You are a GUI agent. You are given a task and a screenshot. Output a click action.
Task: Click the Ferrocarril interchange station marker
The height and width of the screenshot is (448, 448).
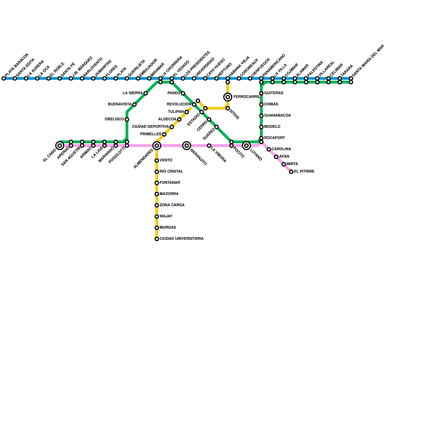(228, 97)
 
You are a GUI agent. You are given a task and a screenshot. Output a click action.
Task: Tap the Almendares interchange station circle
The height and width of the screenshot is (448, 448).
(157, 146)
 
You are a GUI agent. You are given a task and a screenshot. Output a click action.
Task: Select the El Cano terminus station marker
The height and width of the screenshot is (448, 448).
(60, 146)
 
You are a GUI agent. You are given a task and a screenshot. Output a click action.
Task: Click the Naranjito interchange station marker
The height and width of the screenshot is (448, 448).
(187, 146)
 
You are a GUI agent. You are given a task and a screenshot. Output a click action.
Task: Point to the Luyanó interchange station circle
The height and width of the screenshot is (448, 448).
(246, 146)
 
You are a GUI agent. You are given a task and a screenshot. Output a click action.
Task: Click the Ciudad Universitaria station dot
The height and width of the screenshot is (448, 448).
(157, 239)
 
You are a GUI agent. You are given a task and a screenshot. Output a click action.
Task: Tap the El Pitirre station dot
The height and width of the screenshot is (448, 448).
(291, 172)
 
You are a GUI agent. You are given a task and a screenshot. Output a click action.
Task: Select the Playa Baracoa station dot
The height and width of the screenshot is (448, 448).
(4, 78)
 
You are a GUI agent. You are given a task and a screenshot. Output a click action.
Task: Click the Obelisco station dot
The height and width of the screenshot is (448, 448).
(127, 120)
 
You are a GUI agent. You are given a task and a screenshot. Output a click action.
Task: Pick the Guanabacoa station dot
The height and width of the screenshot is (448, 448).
(261, 116)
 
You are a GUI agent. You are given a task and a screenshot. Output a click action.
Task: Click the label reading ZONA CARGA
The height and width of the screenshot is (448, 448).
(172, 205)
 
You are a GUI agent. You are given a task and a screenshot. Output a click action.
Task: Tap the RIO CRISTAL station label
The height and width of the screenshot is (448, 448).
(171, 172)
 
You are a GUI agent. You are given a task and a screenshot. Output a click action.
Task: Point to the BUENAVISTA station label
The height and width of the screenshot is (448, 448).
(120, 104)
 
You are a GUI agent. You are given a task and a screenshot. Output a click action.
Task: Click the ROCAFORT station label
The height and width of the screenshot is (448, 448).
(274, 138)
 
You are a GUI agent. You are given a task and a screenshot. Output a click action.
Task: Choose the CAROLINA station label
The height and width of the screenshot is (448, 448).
(281, 149)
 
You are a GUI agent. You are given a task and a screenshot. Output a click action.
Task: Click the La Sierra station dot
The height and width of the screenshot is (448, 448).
(146, 93)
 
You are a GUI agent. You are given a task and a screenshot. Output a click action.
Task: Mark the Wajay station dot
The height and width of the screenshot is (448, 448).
(157, 216)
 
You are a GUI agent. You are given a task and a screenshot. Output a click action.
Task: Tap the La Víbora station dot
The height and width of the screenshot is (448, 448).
(209, 146)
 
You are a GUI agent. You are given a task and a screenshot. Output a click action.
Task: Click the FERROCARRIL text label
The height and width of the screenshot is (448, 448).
(246, 97)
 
